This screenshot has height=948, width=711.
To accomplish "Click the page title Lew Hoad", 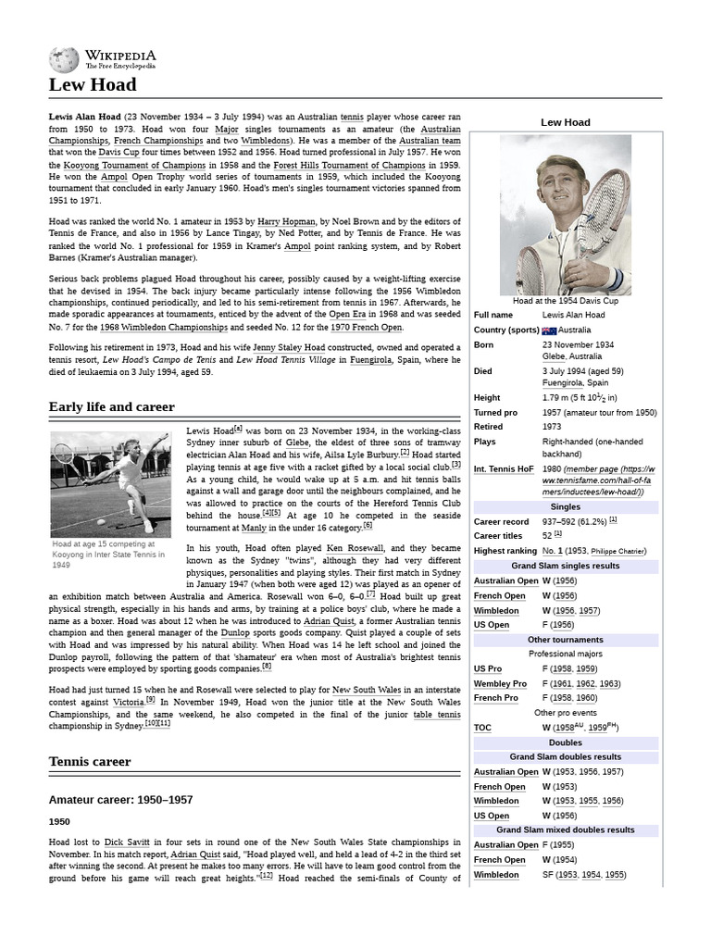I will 92,85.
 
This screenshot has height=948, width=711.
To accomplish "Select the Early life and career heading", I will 111,406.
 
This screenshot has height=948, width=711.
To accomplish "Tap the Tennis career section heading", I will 90,761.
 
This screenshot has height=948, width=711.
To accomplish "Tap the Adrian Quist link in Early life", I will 331,620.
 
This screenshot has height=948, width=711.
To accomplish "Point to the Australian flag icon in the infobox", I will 549,331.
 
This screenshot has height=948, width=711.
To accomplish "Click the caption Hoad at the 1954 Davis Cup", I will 565,301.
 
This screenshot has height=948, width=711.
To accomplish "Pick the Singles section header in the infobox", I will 565,507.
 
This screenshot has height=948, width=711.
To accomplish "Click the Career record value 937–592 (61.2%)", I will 574,520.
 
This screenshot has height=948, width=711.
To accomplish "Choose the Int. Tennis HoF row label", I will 504,469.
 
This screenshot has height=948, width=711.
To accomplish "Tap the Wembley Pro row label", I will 500,683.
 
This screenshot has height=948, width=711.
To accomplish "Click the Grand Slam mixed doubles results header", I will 565,830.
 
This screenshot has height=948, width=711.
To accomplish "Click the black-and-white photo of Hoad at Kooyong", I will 110,484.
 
